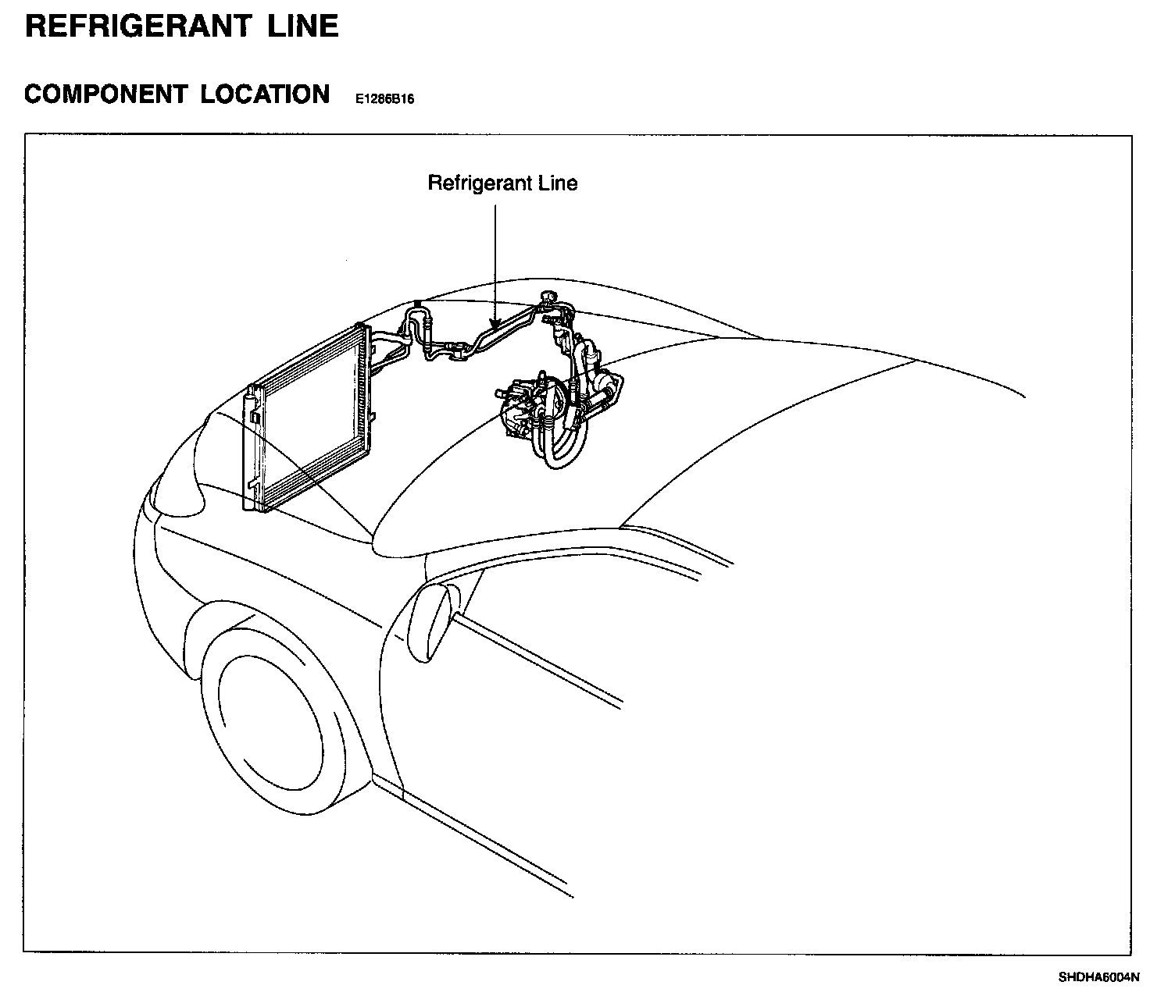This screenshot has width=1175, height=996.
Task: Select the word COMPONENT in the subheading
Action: pos(105,94)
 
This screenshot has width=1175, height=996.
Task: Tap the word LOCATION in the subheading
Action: pos(265,94)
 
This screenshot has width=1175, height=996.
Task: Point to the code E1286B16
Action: pos(384,100)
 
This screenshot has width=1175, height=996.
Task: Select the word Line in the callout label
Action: pos(556,183)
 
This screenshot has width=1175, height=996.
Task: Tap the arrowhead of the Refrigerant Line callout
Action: pos(495,321)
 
